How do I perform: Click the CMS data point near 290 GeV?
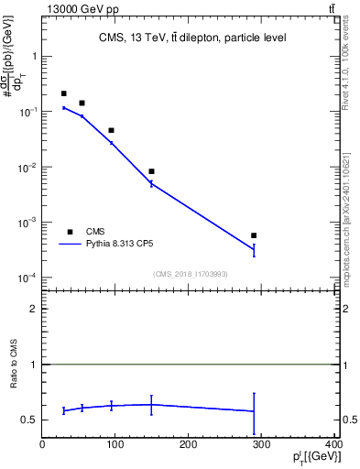[254, 235]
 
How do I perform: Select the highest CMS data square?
[63, 93]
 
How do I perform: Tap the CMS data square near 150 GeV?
[151, 171]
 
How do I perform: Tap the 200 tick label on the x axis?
[189, 444]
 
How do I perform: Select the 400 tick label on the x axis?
[333, 444]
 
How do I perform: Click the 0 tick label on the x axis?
[43, 444]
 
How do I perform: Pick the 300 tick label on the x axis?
[261, 444]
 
